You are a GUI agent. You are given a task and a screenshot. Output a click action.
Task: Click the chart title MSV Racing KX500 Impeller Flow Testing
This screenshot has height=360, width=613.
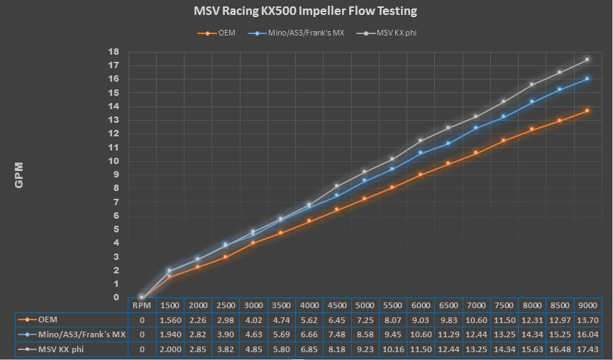tap(306, 11)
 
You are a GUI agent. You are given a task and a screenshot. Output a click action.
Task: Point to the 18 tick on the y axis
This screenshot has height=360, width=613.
tap(114, 52)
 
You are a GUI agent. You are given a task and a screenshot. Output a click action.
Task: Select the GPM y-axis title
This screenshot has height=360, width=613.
tap(19, 175)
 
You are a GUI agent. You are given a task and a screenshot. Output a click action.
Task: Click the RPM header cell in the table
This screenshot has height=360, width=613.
tap(141, 305)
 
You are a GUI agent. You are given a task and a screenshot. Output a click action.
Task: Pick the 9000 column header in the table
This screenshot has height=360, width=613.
tap(587, 305)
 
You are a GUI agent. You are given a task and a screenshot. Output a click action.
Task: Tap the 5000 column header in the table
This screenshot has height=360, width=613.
tap(364, 305)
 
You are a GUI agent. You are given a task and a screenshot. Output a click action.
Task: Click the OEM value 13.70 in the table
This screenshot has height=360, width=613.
tap(587, 320)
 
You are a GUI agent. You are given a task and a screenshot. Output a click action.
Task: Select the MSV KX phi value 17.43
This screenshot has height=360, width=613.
tap(587, 349)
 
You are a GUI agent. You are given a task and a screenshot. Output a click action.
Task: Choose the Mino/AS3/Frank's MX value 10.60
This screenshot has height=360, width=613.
tap(420, 334)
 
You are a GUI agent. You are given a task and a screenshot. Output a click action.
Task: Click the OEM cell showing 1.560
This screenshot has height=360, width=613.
tap(170, 320)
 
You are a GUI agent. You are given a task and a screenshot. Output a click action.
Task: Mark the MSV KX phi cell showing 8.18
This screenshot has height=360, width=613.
tap(336, 349)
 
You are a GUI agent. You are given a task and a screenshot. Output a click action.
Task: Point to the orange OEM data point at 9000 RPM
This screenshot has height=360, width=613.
tap(587, 111)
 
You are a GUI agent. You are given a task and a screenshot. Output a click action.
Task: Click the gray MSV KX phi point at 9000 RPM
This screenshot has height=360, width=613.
tap(587, 60)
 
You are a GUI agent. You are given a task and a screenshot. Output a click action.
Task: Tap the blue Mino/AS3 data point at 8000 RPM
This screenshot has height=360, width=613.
tap(531, 102)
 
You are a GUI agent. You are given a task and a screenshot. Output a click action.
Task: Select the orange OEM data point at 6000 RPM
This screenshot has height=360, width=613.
tap(420, 175)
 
